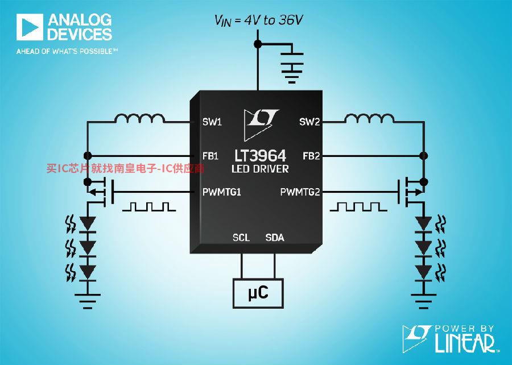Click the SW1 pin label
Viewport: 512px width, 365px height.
point(212,122)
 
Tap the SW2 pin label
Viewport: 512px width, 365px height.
point(309,122)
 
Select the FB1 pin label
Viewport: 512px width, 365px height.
point(210,156)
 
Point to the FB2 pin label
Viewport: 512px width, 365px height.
point(311,156)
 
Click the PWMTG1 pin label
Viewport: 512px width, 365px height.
point(222,192)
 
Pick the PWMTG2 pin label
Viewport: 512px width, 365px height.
point(300,192)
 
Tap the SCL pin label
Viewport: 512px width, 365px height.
point(241,238)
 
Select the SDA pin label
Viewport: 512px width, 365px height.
point(275,238)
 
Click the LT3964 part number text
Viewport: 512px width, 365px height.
point(260,156)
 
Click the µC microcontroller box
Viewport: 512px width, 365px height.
point(258,293)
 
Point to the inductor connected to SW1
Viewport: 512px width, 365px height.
point(139,118)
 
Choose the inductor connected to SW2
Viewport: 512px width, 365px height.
point(370,118)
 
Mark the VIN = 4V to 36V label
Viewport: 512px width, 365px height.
point(258,20)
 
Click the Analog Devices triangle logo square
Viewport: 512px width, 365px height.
point(30,27)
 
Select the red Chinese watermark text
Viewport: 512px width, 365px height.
point(125,168)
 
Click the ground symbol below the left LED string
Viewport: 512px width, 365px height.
point(88,301)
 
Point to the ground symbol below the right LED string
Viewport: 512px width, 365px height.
point(423,301)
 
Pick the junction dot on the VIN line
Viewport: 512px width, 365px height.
point(258,44)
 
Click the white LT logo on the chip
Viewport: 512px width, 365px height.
point(261,124)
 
